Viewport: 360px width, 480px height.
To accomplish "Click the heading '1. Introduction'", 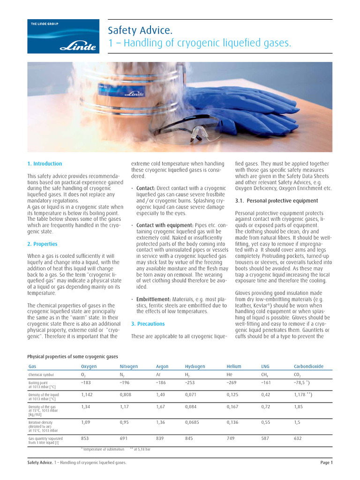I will click(x=45, y=164).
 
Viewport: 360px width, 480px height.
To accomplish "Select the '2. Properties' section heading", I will click(x=42, y=244).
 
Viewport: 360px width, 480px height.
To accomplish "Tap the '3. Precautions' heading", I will click(x=148, y=323).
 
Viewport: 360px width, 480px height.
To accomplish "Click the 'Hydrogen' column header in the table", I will click(x=195, y=366).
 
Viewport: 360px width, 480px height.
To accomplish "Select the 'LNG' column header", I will click(x=265, y=366).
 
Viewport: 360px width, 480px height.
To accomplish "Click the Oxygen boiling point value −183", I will click(x=86, y=382).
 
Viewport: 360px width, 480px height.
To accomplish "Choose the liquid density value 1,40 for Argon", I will click(x=161, y=395).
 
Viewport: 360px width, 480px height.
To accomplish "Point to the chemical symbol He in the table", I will click(x=229, y=375).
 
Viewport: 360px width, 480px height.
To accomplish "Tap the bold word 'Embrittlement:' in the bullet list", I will click(x=154, y=299).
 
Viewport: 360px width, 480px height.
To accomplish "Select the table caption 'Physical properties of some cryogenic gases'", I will click(x=73, y=356).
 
